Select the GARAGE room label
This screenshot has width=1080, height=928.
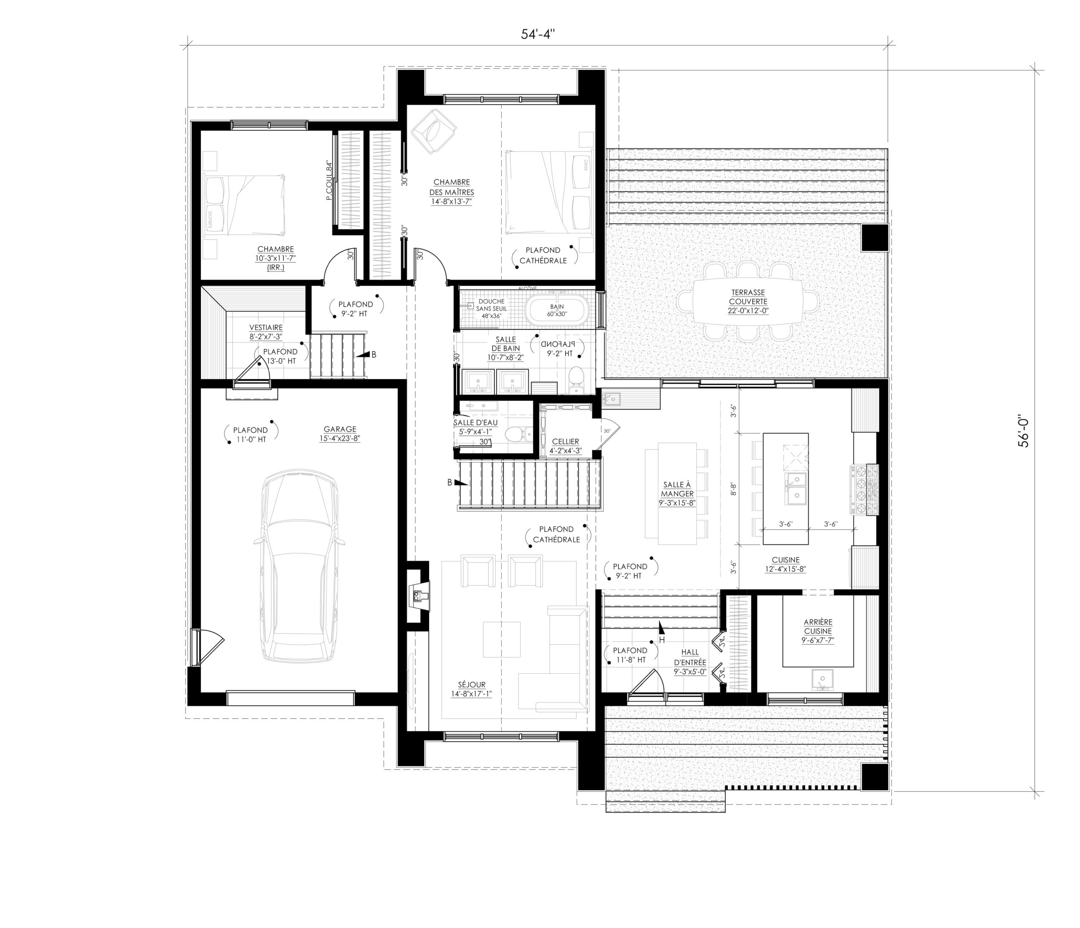340,434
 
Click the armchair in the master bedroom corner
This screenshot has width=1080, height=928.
433,131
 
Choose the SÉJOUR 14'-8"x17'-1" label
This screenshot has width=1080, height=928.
471,689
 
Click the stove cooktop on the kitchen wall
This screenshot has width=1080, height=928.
866,490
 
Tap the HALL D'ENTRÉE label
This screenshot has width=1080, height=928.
690,662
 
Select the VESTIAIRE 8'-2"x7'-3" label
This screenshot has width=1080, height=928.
266,332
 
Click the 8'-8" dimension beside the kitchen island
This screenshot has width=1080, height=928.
733,489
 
